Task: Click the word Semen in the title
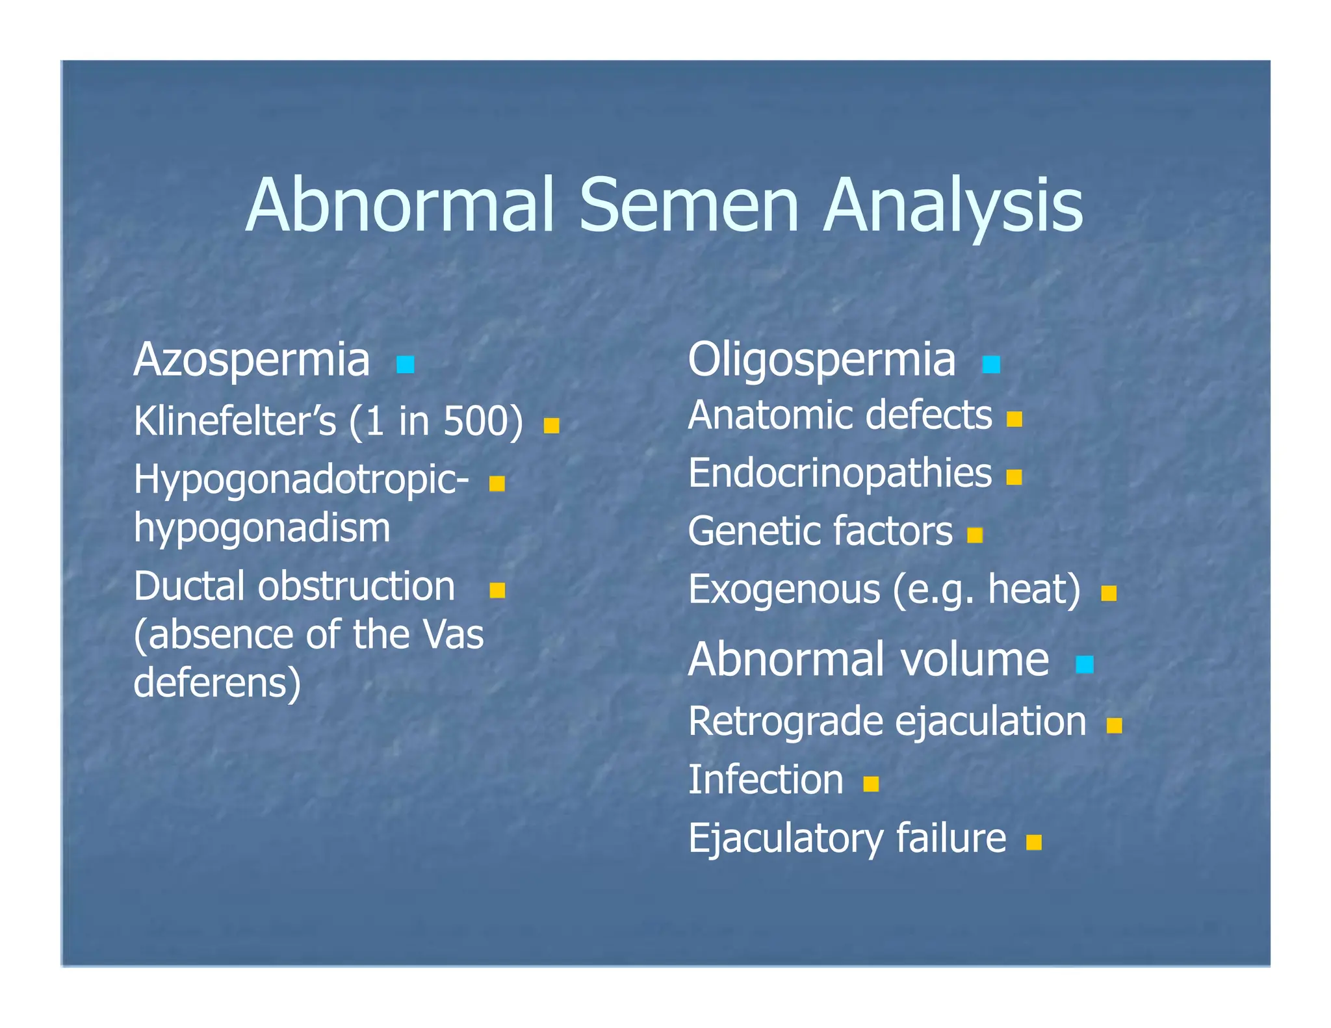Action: click(688, 207)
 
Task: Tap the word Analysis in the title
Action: click(953, 207)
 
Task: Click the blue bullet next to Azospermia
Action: click(406, 365)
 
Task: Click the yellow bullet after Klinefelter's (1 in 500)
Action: click(552, 426)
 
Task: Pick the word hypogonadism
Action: click(262, 528)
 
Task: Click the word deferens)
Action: click(218, 683)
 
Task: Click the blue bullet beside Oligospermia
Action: click(991, 365)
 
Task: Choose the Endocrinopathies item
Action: click(840, 473)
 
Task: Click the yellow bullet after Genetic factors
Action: click(975, 535)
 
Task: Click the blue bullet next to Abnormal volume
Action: click(1085, 665)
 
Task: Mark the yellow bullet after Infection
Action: click(871, 784)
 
